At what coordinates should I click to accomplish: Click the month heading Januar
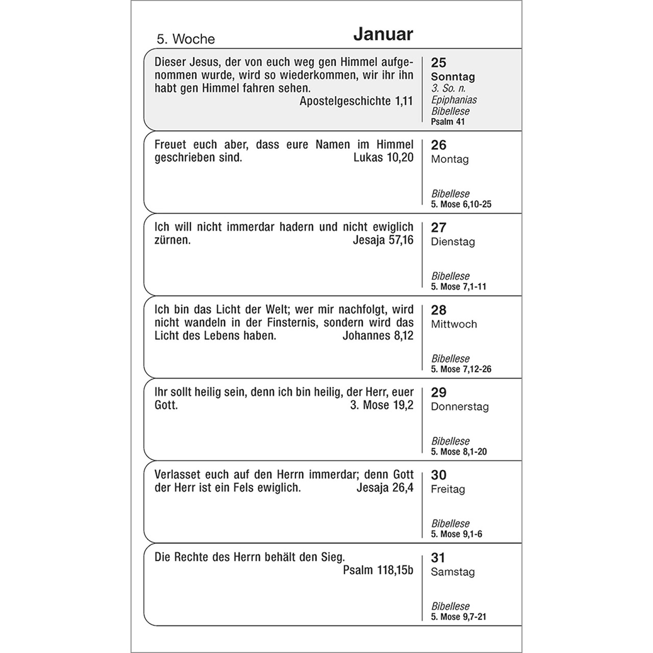coord(383,35)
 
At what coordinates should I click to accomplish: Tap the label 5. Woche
coord(186,39)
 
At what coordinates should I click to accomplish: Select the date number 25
coord(438,63)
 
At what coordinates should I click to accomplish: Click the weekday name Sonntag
coord(453,77)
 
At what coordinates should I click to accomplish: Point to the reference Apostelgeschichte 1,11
coord(356,101)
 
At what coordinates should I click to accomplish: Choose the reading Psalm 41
coord(447,122)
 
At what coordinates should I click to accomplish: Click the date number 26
coord(438,145)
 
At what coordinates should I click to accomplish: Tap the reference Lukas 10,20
coord(383,158)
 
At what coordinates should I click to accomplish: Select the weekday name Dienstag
coord(453,242)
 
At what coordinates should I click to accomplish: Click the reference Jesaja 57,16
coord(383,240)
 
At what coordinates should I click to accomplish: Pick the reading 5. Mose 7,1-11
coord(458,287)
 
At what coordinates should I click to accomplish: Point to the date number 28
coord(438,310)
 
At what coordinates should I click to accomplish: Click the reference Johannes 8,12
coord(378,336)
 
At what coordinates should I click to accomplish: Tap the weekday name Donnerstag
coord(460,407)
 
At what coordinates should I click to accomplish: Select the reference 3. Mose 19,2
coord(381,406)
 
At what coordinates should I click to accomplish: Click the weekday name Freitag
coord(447,490)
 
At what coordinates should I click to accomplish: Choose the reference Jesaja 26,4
coord(385,488)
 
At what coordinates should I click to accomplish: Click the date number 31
coord(438,558)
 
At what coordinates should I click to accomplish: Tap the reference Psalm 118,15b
coord(378,570)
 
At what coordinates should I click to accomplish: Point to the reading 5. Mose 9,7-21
coord(458,617)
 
